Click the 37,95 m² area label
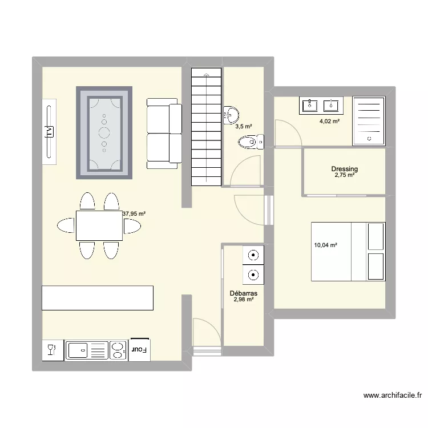[x=134, y=214]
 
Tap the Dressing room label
[x=345, y=169]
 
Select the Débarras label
[x=244, y=293]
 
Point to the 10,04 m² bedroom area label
[x=325, y=245]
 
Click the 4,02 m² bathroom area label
[x=330, y=121]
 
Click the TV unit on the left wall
[x=50, y=131]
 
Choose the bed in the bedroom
[x=348, y=252]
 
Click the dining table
[x=99, y=226]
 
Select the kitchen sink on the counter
[x=78, y=350]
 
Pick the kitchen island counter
[x=98, y=298]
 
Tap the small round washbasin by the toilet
[x=231, y=114]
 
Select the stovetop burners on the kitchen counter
[x=118, y=350]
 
